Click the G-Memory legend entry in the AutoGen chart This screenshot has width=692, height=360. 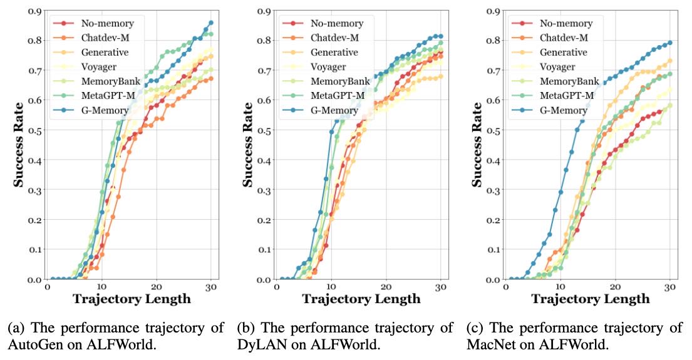point(103,110)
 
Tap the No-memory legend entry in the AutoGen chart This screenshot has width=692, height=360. point(107,24)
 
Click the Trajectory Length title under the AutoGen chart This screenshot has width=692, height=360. point(132,299)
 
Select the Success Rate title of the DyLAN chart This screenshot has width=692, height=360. point(249,145)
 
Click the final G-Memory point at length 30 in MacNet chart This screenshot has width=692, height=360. point(669,43)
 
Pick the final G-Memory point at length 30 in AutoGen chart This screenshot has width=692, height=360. point(210,23)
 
